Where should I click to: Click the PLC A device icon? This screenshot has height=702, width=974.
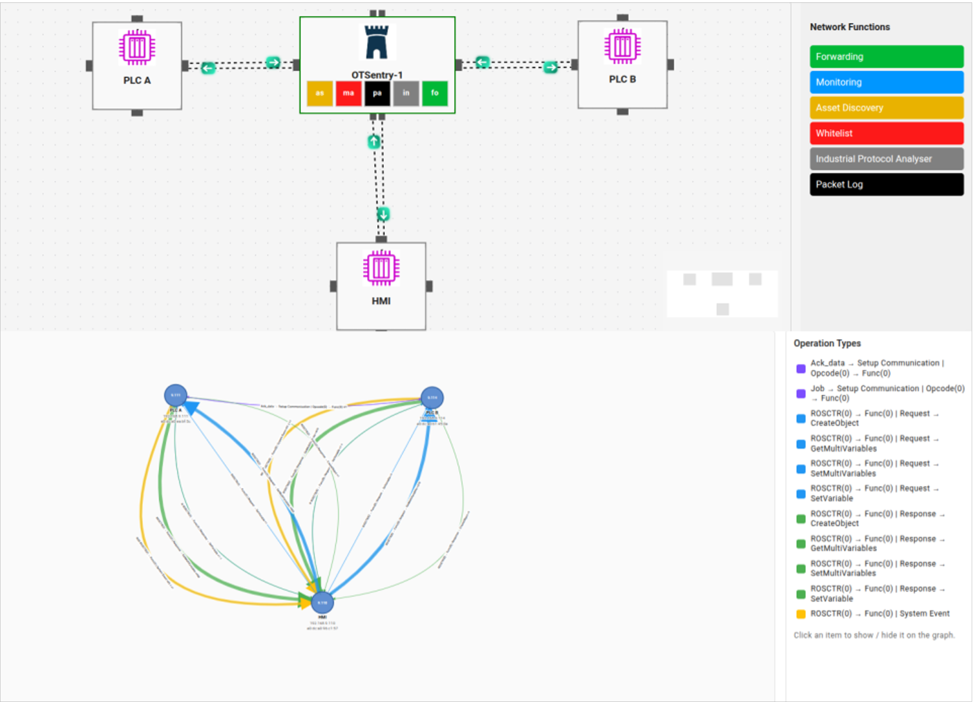[137, 47]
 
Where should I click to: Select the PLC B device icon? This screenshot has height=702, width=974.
[622, 46]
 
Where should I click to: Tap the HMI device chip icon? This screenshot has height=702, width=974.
[381, 268]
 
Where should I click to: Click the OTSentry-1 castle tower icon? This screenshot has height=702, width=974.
[377, 42]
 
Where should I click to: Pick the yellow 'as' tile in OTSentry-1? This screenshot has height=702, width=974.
[320, 93]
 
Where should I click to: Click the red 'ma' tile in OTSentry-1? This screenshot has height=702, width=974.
[348, 93]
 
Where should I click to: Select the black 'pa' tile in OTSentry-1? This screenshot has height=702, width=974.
[377, 93]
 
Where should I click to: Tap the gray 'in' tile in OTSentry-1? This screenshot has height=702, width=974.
[406, 93]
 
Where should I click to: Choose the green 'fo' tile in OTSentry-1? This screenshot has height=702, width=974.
[435, 93]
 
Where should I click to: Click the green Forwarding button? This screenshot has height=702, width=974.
[886, 57]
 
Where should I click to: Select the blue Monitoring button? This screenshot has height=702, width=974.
[886, 82]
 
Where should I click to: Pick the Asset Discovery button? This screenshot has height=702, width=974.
[886, 108]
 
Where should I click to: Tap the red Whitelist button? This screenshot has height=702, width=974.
[886, 133]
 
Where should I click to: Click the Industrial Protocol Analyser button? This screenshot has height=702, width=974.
[886, 159]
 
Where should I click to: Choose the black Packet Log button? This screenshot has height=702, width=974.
[886, 185]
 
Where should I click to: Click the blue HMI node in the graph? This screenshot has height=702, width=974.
[322, 602]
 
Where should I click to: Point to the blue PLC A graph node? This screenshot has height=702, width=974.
[175, 395]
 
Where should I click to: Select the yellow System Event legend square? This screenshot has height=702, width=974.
[800, 614]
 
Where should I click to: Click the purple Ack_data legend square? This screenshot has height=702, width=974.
[800, 369]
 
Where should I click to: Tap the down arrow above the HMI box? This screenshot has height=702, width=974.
[383, 214]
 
